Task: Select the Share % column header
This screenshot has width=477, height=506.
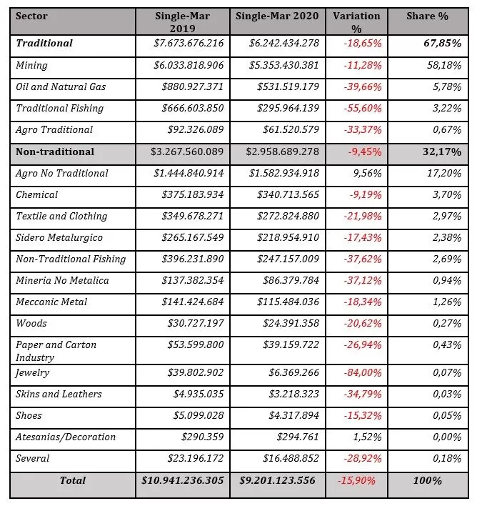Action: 427,16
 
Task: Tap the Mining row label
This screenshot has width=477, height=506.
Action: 32,65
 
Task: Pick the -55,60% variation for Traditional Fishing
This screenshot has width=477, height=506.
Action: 363,109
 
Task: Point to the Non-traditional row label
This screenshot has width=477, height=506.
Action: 55,152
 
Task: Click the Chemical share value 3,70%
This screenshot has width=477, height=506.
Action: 448,194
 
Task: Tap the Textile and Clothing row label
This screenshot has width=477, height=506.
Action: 61,216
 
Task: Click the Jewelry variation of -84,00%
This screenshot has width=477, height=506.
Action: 363,372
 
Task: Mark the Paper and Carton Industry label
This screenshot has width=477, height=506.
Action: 56,351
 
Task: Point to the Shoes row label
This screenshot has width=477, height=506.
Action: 29,415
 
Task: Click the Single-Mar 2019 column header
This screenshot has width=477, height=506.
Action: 183,21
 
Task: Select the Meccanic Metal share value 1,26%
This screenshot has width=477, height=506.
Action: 448,302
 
